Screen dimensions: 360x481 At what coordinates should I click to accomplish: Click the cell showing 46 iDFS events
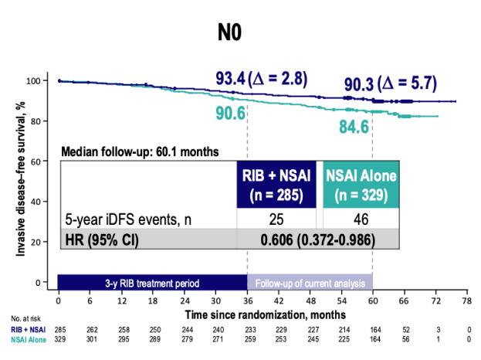pos(360,219)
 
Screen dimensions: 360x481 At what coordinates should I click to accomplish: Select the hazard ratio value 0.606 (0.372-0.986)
pos(319,239)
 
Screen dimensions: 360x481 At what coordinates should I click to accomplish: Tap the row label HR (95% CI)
pos(100,239)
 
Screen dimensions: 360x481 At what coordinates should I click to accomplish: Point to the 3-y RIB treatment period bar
pos(152,283)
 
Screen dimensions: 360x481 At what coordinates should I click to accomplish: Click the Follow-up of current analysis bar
pos(310,283)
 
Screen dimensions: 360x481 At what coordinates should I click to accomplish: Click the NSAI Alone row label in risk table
pos(29,338)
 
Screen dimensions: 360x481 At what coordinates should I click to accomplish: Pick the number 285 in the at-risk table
pos(59,329)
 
